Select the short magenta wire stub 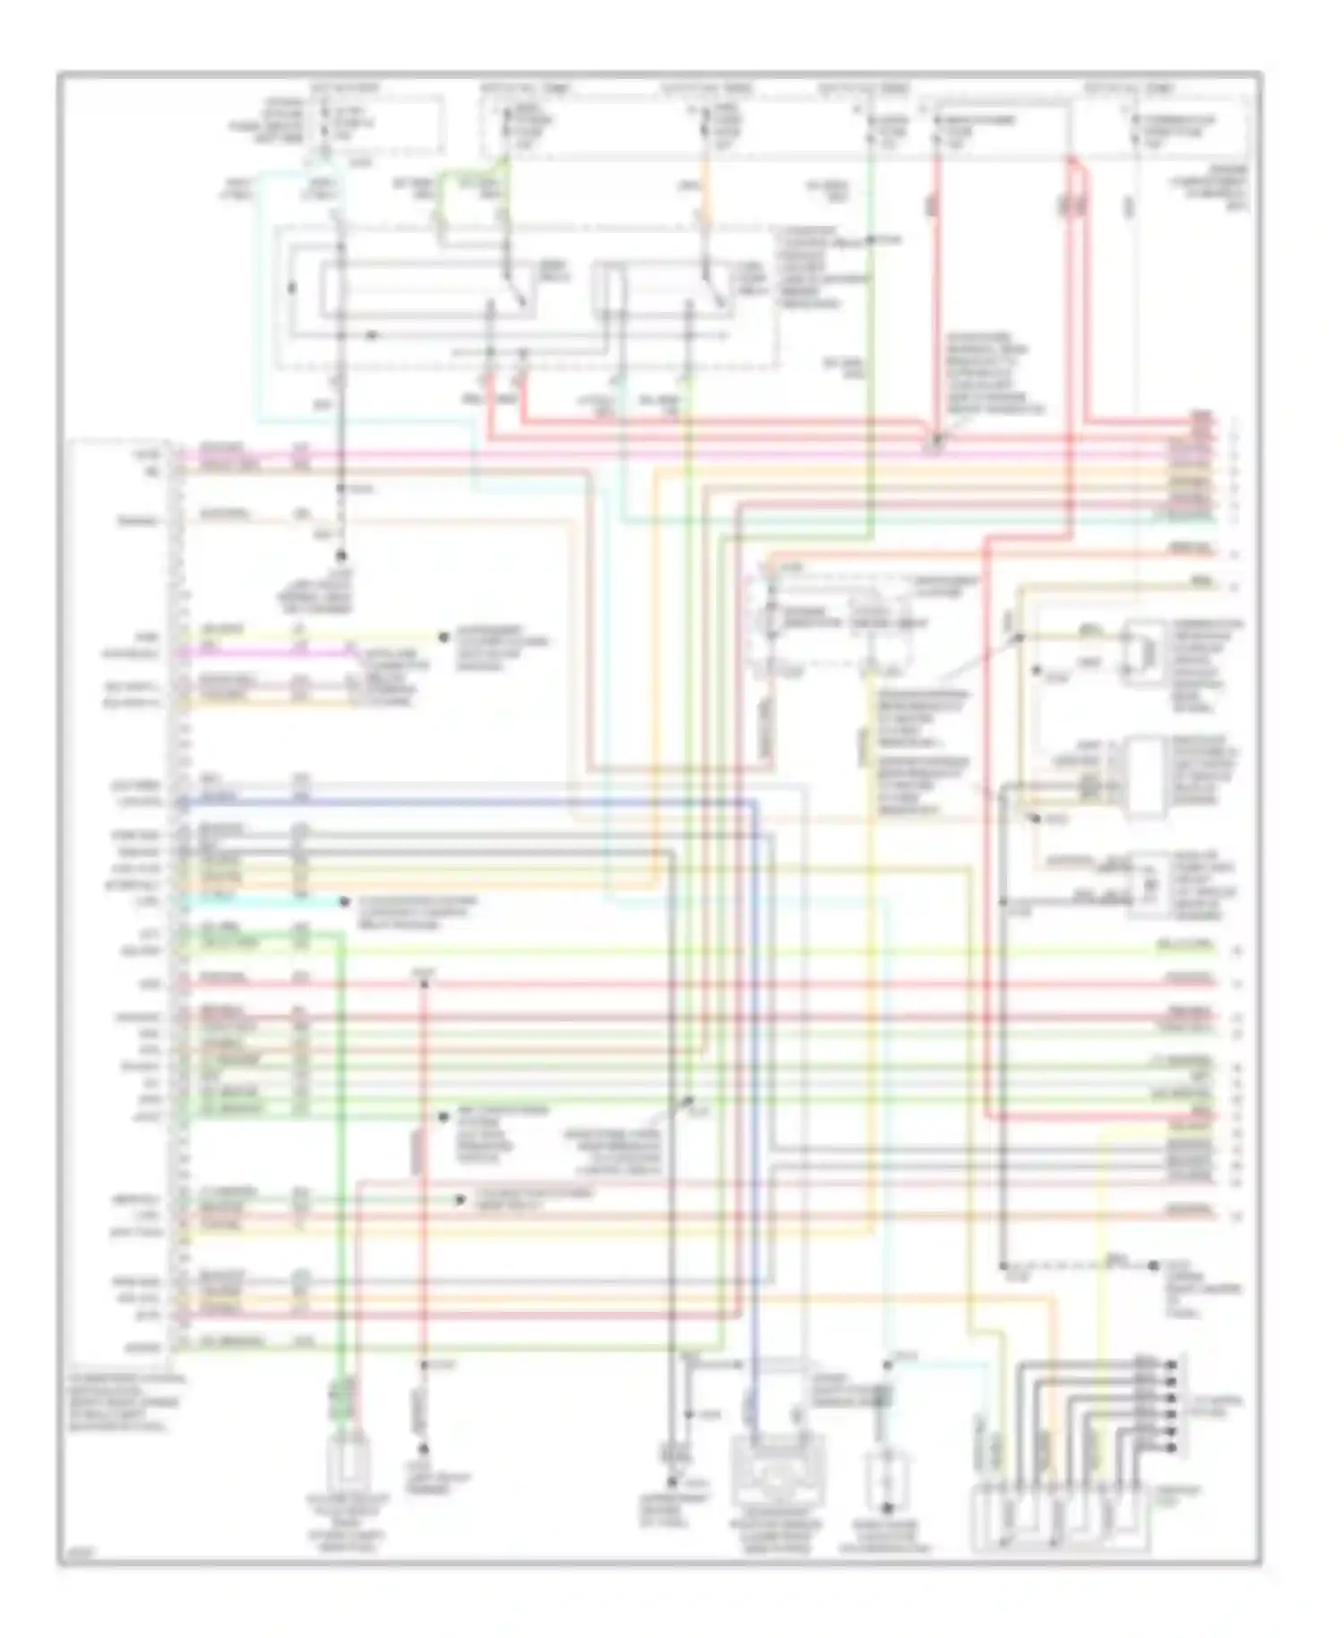coord(269,653)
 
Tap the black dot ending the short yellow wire coord(443,637)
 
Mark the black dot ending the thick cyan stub coord(344,901)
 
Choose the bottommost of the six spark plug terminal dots coord(1172,1446)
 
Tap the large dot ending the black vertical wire coord(340,556)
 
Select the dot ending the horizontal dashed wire coord(1153,1266)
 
